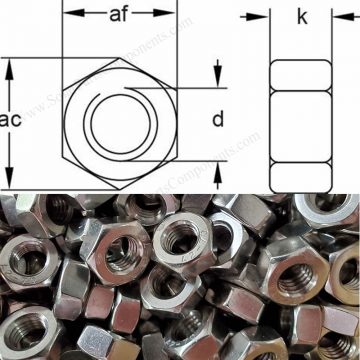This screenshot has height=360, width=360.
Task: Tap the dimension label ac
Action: (x=12, y=120)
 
